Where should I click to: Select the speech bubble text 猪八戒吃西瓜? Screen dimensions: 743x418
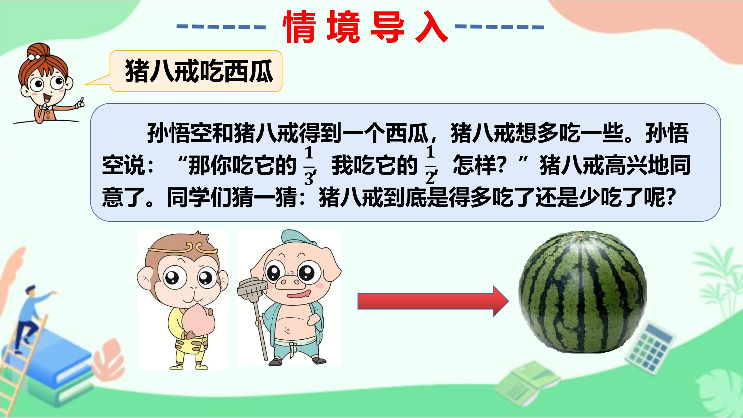(x=199, y=71)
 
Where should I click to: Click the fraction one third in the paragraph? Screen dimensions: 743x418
(x=309, y=166)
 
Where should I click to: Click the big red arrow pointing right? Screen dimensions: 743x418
(x=433, y=301)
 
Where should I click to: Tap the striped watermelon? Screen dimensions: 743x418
(x=583, y=292)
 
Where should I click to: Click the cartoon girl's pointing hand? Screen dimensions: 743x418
(x=80, y=103)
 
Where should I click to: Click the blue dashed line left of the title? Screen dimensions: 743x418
(x=221, y=27)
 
